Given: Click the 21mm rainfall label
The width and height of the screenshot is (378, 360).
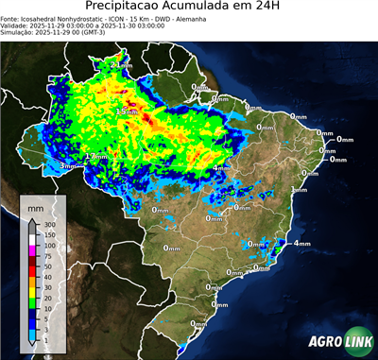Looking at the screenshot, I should (120, 64).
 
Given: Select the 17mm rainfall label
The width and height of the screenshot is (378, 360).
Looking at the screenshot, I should (94, 156).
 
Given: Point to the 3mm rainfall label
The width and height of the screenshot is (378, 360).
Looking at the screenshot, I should (67, 166).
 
